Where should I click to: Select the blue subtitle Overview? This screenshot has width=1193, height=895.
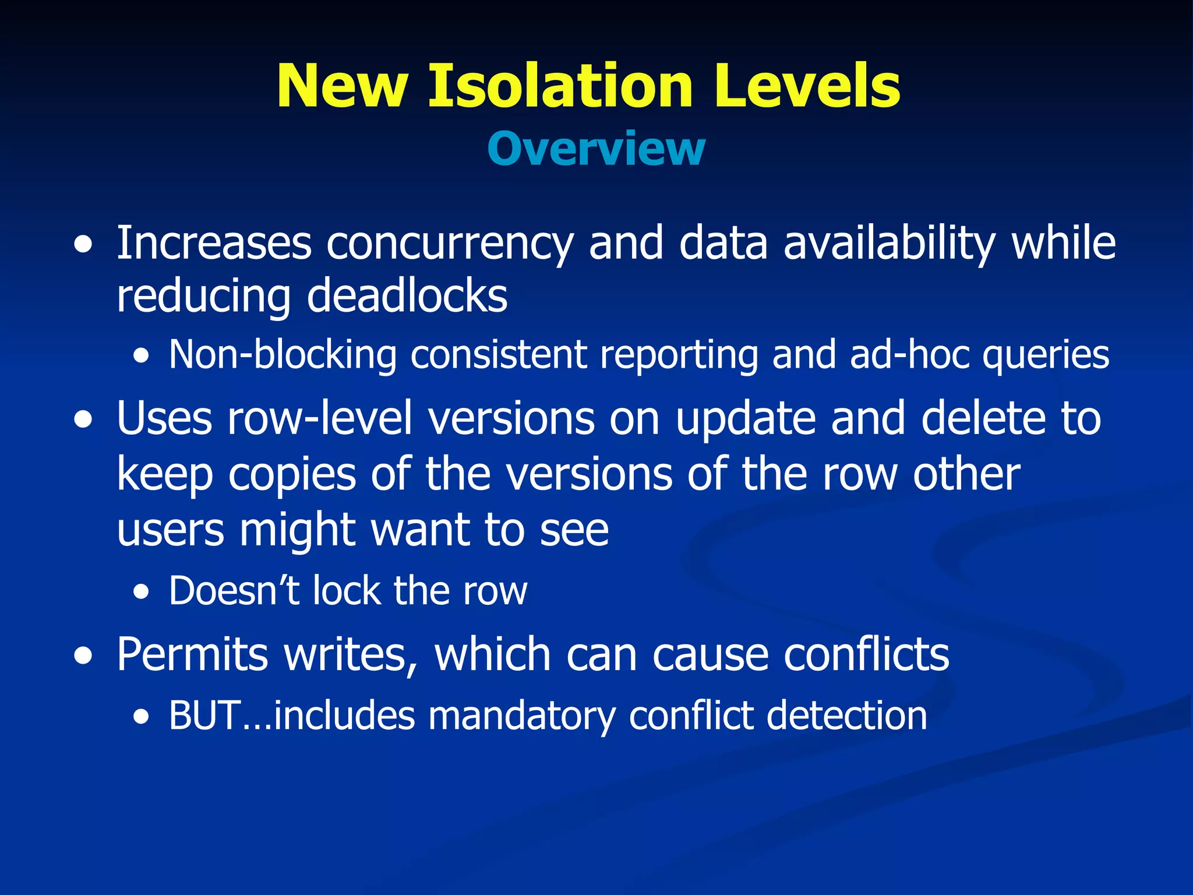(596, 149)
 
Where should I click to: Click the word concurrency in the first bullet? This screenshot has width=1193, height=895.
(450, 244)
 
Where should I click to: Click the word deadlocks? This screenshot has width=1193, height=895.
(407, 296)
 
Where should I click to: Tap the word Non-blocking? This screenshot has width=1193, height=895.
(283, 355)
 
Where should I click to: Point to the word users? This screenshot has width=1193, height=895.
(170, 530)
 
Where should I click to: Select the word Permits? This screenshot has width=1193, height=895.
(192, 655)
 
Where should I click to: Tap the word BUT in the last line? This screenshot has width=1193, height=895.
(204, 716)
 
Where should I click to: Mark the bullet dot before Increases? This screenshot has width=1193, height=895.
(83, 245)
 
